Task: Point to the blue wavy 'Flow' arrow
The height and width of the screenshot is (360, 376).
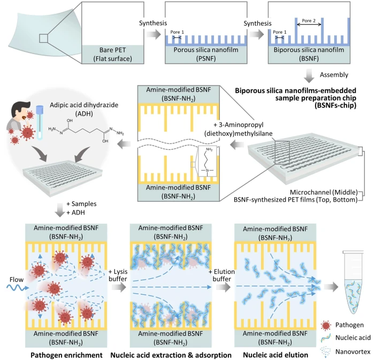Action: pyautogui.click(x=14, y=288)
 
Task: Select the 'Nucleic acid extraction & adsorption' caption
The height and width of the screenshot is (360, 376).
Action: pyautogui.click(x=170, y=353)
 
